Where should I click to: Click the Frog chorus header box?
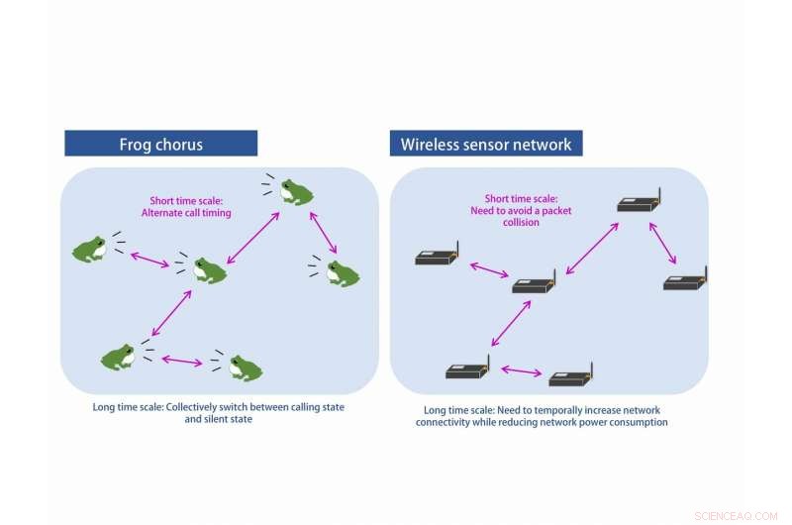click(x=161, y=144)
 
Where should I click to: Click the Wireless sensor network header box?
click(x=486, y=144)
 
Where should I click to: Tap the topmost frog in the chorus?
click(x=295, y=191)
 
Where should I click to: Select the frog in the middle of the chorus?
click(x=209, y=270)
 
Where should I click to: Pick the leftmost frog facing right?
click(x=90, y=249)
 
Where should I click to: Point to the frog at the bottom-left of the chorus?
click(x=118, y=357)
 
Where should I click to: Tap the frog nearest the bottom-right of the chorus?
click(x=245, y=367)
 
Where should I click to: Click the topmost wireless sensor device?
click(x=637, y=204)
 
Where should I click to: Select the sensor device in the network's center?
click(x=535, y=283)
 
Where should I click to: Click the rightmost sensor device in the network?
click(x=685, y=281)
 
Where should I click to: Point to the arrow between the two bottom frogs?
click(x=181, y=360)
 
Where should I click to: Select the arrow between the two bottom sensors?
click(x=521, y=371)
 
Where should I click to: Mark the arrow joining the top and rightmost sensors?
click(x=662, y=243)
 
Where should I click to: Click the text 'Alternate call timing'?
click(x=187, y=213)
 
